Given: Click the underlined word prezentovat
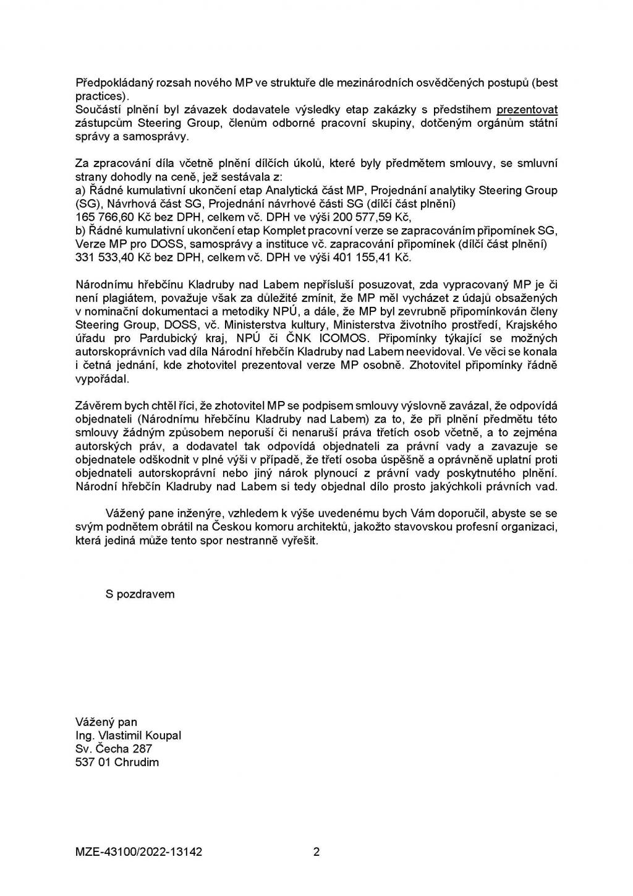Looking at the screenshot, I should (x=527, y=110).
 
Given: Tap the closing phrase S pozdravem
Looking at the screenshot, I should (x=140, y=594).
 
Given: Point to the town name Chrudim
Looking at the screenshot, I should (x=137, y=762).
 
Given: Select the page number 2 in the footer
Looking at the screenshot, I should (x=316, y=852).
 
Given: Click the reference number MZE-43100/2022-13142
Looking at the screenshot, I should (x=138, y=852).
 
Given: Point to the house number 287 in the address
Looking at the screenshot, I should (x=143, y=749).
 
